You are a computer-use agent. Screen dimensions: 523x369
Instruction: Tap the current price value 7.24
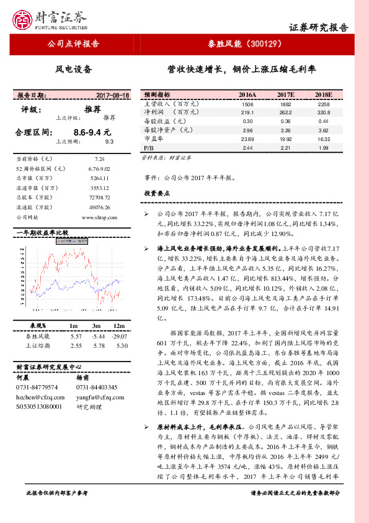(99, 159)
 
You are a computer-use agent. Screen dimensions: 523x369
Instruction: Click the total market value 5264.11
(99, 178)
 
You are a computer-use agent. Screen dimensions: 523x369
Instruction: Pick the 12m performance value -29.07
(120, 336)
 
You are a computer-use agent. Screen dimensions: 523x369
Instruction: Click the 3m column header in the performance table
(97, 326)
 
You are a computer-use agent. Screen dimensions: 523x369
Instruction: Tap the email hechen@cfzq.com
(37, 396)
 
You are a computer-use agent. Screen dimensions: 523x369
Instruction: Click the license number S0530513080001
(39, 406)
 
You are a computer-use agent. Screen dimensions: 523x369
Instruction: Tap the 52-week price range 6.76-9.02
(99, 168)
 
